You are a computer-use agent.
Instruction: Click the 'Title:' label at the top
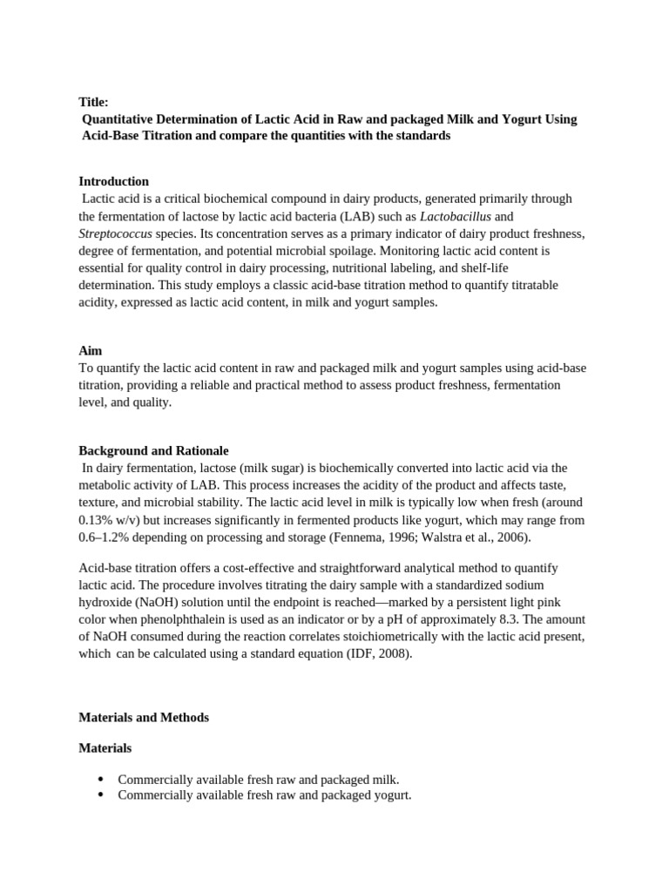tap(93, 102)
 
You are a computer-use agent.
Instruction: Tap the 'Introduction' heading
tap(114, 181)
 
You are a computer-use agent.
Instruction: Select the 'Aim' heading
tap(91, 350)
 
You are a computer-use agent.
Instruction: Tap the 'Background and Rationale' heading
tap(153, 450)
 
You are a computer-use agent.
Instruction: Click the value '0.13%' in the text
tap(98, 520)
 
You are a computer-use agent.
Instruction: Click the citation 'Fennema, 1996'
tap(367, 537)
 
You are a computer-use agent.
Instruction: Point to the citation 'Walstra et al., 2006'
tap(470, 537)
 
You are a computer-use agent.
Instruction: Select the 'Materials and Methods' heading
tap(144, 718)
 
